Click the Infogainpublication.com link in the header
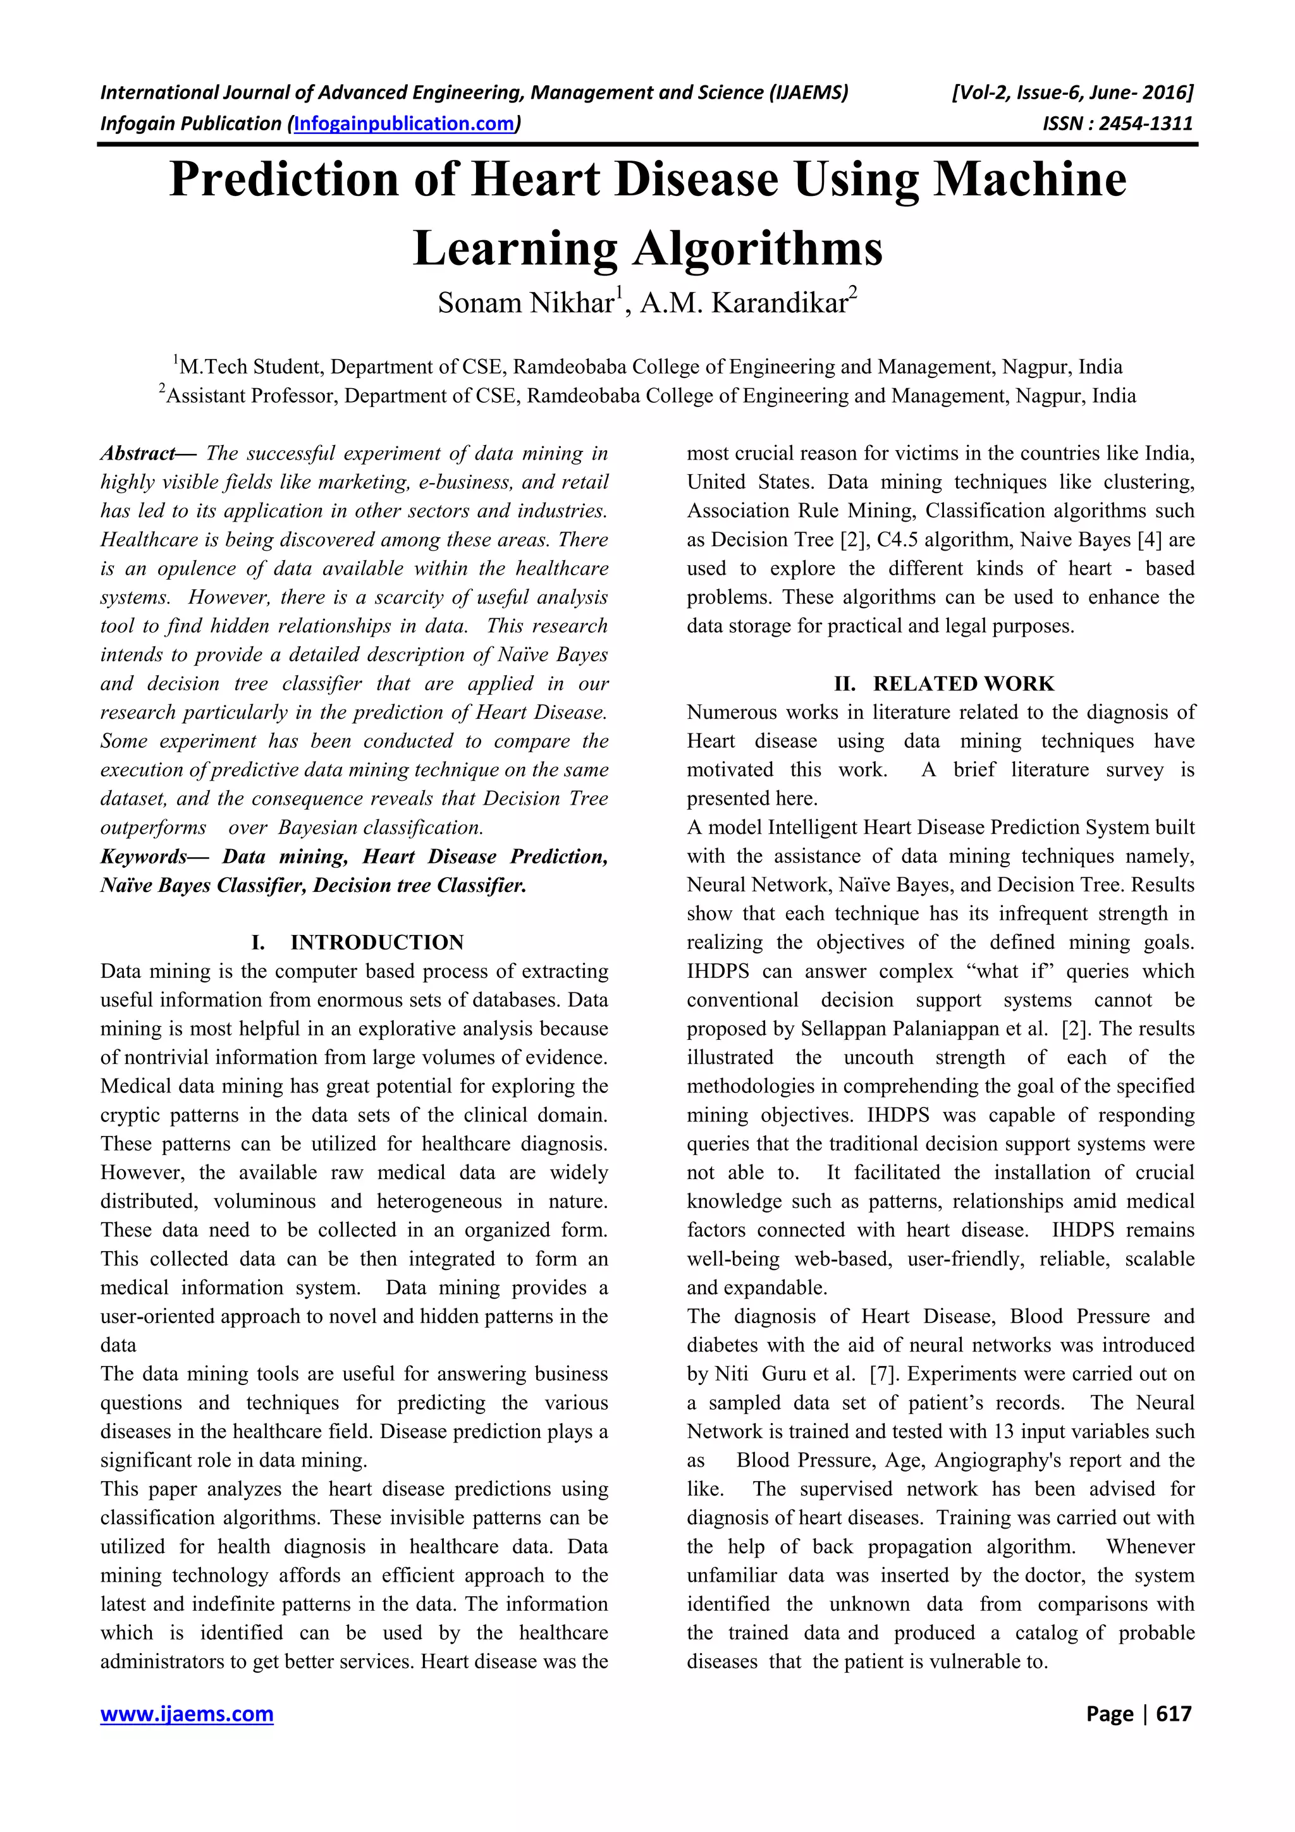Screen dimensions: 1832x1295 point(405,124)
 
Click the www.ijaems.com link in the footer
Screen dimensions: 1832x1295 point(187,1713)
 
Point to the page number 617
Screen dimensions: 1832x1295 point(1173,1713)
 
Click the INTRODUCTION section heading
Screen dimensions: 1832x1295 point(377,943)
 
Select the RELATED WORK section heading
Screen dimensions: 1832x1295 point(963,684)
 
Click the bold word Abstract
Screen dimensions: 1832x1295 point(137,454)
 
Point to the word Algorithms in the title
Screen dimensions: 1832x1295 point(758,248)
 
